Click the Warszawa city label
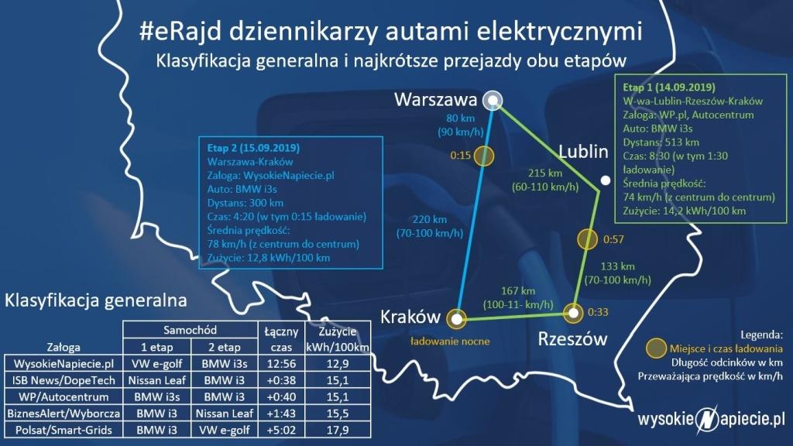pos(435,99)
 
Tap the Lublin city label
pos(583,151)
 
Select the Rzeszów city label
pos(572,338)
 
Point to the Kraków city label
pos(410,317)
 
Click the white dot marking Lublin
pos(605,180)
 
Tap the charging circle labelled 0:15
pos(483,156)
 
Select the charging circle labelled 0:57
pos(587,239)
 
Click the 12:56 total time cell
pos(281,364)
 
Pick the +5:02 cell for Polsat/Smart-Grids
pos(281,430)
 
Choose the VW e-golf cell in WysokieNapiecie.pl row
pos(156,364)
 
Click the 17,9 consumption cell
pos(338,430)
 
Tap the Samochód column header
pos(191,330)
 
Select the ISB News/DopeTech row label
pos(64,380)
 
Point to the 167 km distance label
pos(518,291)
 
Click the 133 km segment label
pos(617,266)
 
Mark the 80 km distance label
pos(460,118)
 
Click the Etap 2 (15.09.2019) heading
pos(253,148)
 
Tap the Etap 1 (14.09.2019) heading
pos(669,87)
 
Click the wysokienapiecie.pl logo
pos(711,419)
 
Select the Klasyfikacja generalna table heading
pos(95,300)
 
